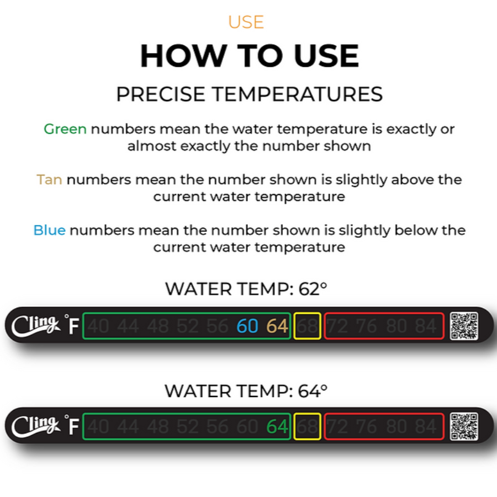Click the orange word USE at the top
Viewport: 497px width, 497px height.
[x=246, y=22]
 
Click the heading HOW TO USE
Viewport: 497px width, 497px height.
[x=249, y=56]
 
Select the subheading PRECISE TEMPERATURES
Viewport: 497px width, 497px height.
[x=249, y=94]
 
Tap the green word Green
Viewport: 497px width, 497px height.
[x=65, y=129]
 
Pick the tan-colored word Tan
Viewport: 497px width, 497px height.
[x=49, y=179]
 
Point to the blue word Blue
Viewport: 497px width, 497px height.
[x=49, y=230]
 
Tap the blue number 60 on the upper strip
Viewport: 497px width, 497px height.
[x=247, y=326]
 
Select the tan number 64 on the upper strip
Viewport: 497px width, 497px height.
[x=277, y=326]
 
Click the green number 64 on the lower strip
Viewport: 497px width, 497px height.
[x=277, y=427]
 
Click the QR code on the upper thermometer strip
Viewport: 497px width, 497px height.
[x=463, y=326]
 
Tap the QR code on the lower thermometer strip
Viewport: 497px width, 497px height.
[x=463, y=427]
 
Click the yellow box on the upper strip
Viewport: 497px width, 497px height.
[x=307, y=326]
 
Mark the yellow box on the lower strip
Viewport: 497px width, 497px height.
[x=307, y=427]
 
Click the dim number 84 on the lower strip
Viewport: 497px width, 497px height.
[x=426, y=427]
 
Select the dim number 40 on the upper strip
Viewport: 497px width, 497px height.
[x=98, y=326]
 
